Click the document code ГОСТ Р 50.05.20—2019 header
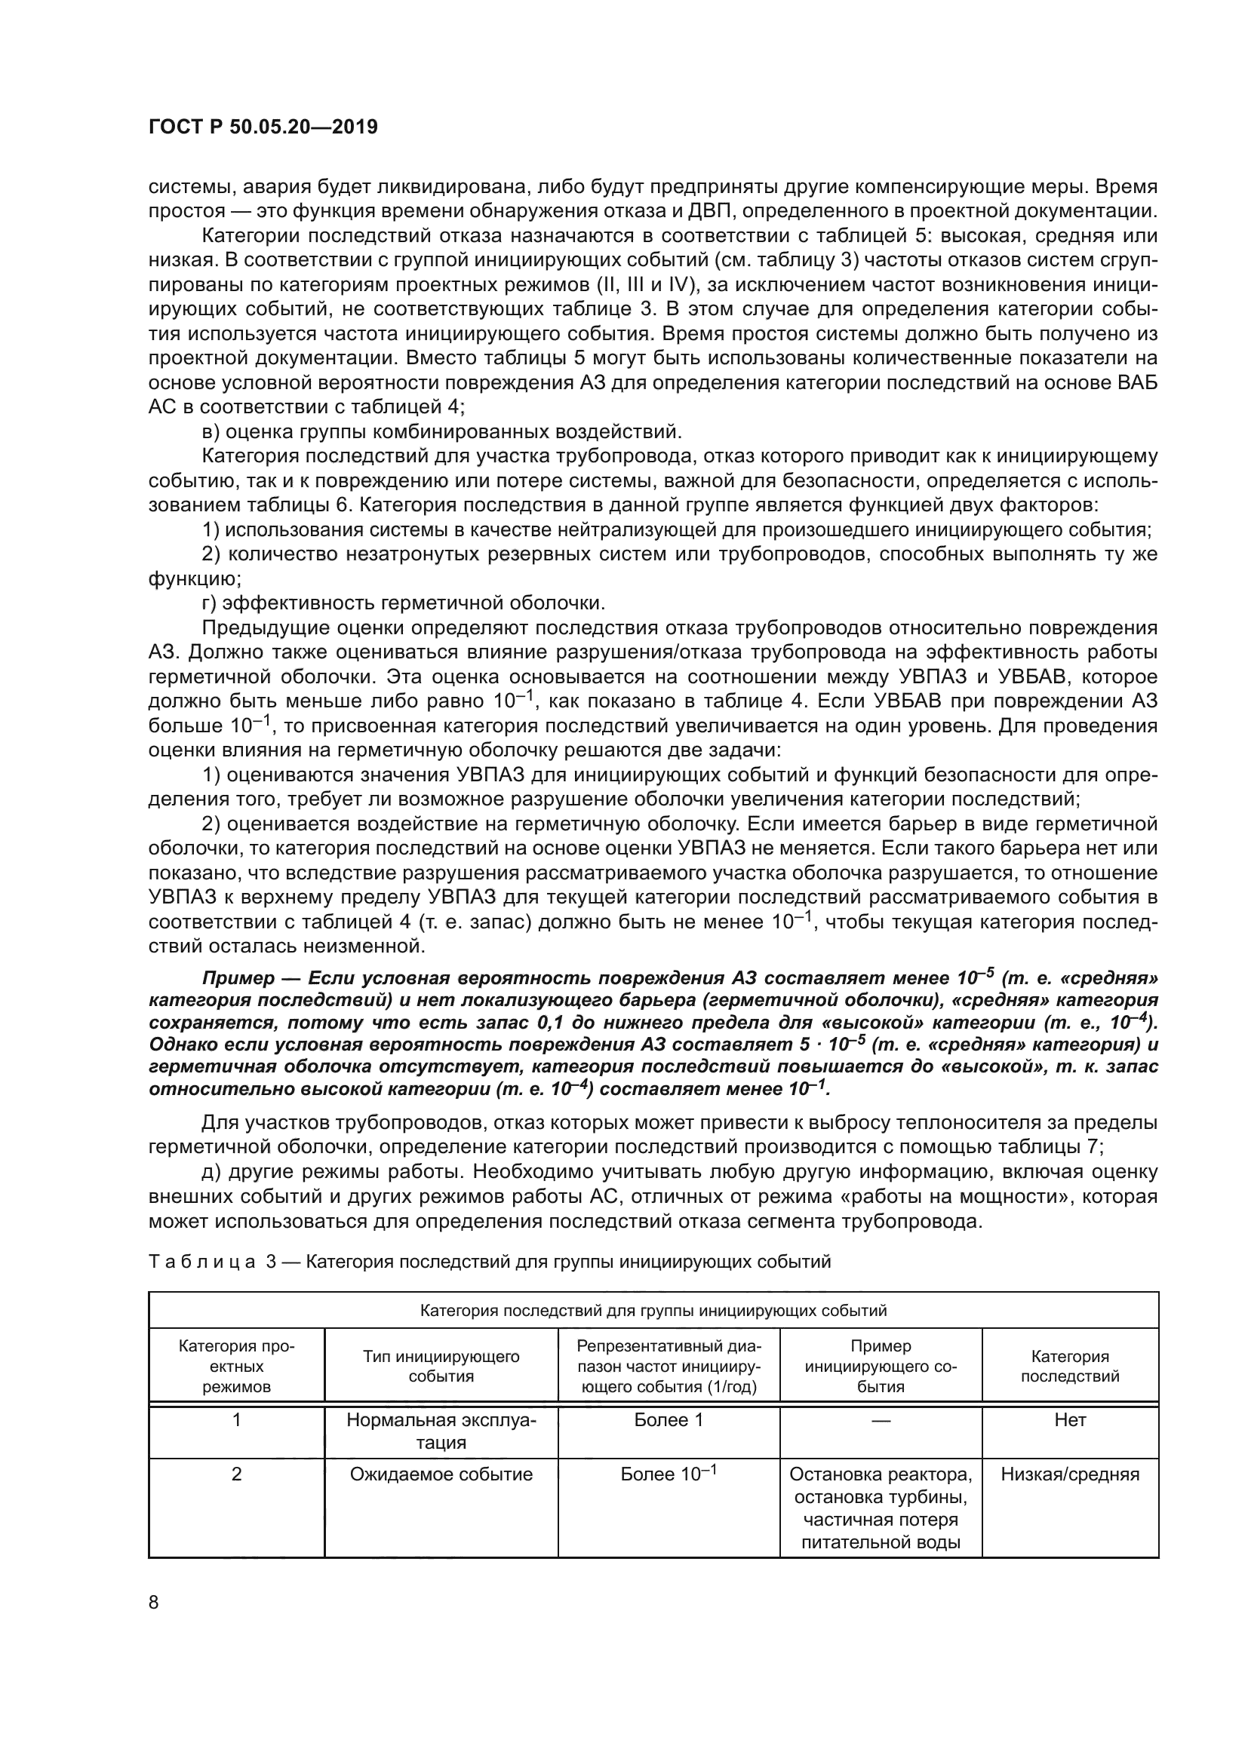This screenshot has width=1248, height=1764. point(263,127)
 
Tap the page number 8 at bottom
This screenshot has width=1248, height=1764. point(154,1603)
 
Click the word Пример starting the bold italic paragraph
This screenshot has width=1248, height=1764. point(238,978)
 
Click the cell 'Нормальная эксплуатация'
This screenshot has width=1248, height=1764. point(441,1431)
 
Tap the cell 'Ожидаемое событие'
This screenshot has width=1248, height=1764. point(441,1474)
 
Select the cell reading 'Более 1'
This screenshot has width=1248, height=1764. point(669,1420)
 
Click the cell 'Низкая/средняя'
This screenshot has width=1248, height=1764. point(1070,1474)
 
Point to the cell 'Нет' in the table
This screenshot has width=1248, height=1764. point(1070,1420)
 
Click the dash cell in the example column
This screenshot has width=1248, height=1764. point(881,1421)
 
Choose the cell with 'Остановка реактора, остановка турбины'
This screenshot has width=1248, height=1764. point(881,1508)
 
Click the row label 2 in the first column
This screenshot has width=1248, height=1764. point(237,1474)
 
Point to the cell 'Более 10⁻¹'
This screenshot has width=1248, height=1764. point(669,1474)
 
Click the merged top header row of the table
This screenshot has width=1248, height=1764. point(653,1310)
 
